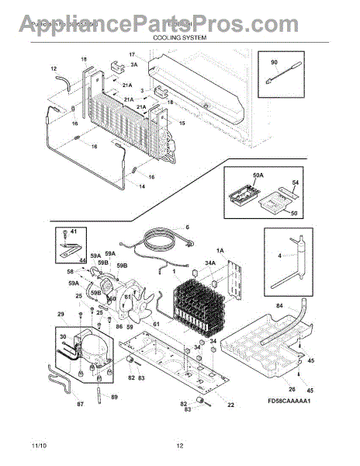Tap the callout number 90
tap(274, 61)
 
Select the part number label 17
tap(132, 54)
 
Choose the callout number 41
tap(74, 232)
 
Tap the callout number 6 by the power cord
tap(186, 227)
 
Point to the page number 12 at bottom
tap(179, 445)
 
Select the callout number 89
tap(114, 397)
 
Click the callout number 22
tap(230, 405)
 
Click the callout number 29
tap(61, 314)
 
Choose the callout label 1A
tap(220, 250)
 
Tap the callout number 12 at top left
tap(54, 68)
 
